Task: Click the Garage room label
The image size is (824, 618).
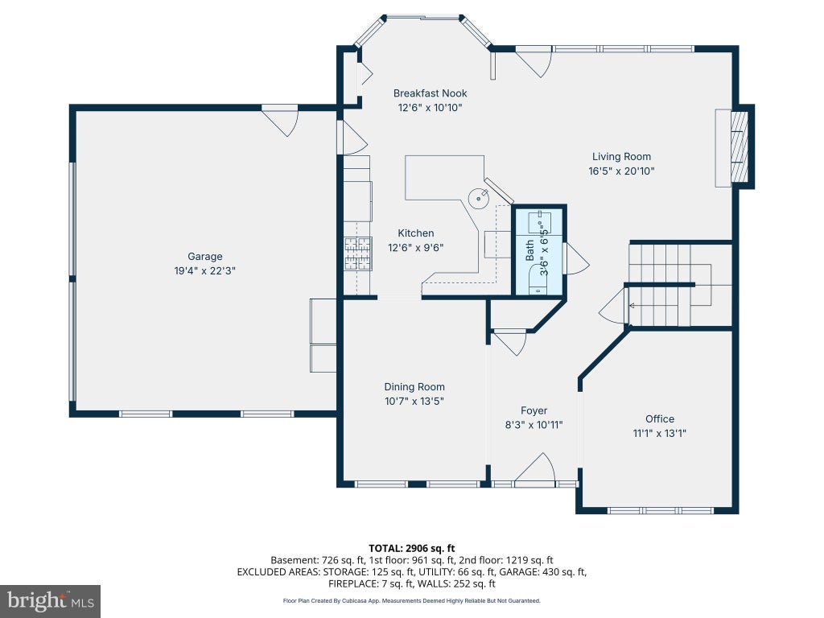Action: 205,257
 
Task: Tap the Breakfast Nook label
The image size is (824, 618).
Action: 430,93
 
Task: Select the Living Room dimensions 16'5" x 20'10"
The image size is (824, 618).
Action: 621,171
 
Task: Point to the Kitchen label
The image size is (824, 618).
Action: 416,233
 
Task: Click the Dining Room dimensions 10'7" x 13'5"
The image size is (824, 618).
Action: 414,401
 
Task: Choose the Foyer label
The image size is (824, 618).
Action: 534,410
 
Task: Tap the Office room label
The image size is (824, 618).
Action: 660,418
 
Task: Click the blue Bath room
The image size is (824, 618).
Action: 539,251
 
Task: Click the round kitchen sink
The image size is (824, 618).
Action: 479,199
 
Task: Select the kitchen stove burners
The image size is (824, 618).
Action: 358,253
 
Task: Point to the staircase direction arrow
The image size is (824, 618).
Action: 631,305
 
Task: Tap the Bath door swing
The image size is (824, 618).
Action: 576,258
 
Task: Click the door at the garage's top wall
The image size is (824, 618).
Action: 280,121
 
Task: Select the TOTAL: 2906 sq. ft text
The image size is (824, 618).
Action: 411,548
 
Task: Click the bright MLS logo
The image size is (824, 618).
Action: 50,601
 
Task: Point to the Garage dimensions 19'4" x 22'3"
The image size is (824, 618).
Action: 205,271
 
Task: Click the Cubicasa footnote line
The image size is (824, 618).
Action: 411,600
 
